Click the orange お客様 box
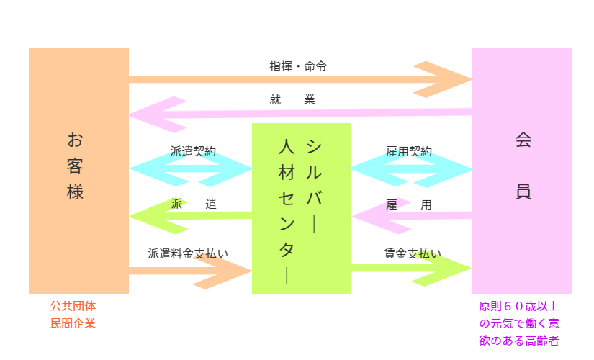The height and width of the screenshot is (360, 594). tap(78, 171)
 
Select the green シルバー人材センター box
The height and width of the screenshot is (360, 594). tap(301, 208)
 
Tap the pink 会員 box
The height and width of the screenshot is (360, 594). tap(521, 171)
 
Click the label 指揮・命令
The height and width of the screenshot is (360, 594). tap(298, 66)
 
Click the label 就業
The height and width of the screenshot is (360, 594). tap(292, 99)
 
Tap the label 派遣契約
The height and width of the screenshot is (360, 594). tap(192, 152)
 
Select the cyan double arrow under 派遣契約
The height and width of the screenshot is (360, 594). tap(191, 170)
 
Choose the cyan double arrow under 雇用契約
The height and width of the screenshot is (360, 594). tap(411, 170)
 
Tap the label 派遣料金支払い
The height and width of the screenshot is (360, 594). tap(188, 253)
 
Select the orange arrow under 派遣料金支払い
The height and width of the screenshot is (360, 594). tap(216, 271)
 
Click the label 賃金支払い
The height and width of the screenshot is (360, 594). tap(413, 253)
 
